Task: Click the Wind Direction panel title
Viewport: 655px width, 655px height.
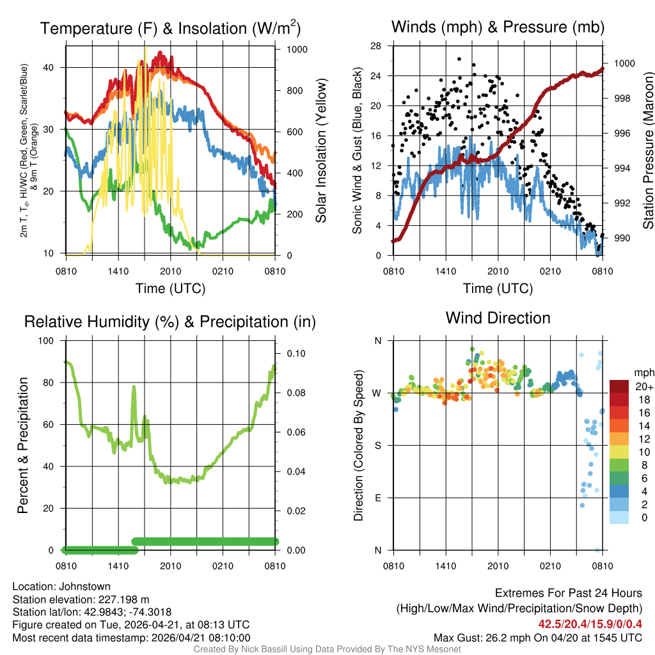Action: point(498,318)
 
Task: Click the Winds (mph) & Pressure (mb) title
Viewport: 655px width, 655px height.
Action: point(498,27)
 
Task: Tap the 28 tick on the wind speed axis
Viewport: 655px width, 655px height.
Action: point(376,45)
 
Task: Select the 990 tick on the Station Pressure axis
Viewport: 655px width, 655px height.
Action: point(622,238)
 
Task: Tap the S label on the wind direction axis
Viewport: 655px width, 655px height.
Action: point(378,445)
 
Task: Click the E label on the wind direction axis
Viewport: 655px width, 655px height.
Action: point(378,498)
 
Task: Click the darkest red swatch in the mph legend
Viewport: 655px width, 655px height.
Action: point(621,386)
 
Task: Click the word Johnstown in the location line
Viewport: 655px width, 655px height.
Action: point(86,586)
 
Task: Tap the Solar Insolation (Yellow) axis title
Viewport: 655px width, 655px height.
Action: point(320,151)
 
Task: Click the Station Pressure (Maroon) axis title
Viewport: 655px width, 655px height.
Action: point(648,151)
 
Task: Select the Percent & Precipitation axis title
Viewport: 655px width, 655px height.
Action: point(22,445)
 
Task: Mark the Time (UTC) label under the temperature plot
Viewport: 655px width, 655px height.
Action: point(171,288)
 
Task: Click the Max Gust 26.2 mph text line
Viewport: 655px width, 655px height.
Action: point(537,637)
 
